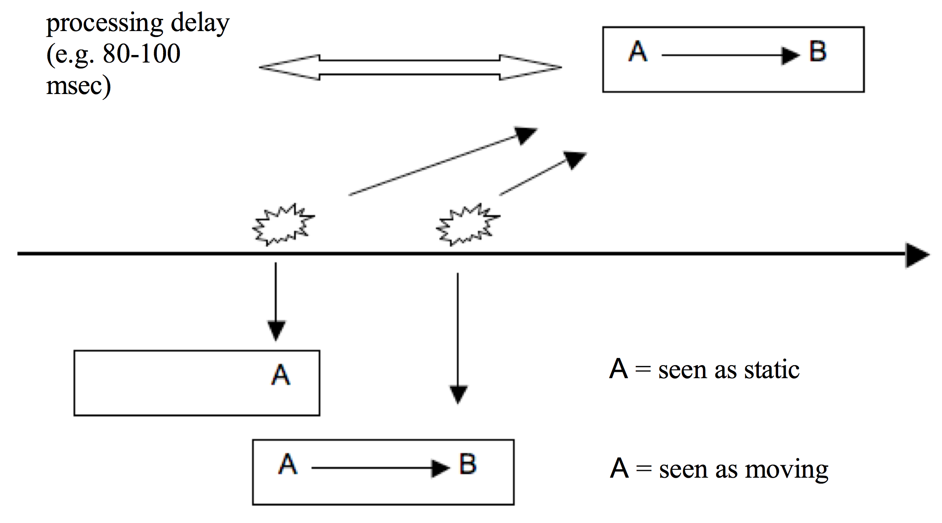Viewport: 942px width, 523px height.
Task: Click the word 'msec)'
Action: coord(79,86)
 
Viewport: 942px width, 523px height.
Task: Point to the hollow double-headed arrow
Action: coord(410,67)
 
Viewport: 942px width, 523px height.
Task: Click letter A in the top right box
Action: coord(638,52)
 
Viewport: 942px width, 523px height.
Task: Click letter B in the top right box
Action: coord(818,52)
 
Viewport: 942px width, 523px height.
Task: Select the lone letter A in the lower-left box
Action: coord(281,375)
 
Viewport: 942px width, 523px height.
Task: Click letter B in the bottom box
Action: coord(468,464)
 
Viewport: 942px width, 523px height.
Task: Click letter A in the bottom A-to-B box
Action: coord(288,464)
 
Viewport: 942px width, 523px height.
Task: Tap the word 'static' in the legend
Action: coord(771,370)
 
